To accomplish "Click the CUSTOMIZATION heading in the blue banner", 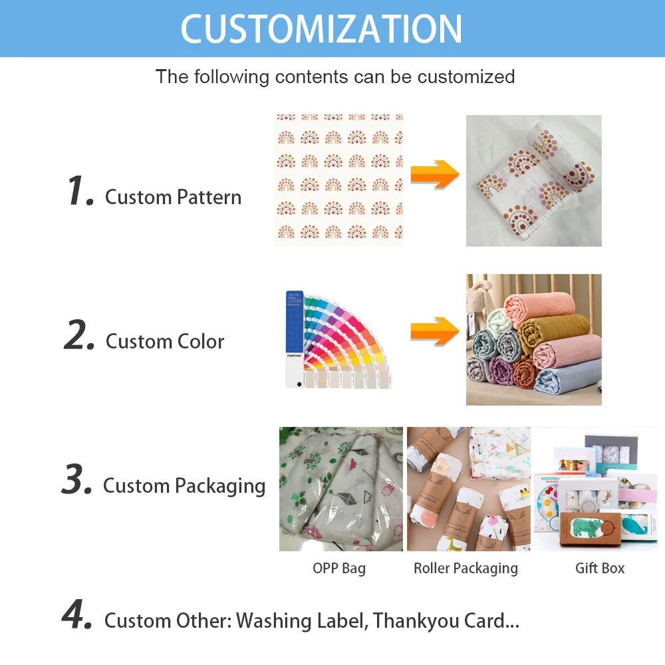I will [x=322, y=29].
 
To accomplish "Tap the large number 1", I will [x=79, y=192].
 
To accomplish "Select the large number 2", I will [x=80, y=336].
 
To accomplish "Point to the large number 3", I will [x=76, y=481].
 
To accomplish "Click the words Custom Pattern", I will [x=173, y=198].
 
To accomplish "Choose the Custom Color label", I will [x=165, y=342].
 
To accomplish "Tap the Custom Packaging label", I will [x=184, y=486].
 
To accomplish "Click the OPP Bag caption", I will [x=339, y=569].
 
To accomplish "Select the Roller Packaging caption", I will [x=465, y=569].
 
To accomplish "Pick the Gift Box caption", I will [x=600, y=569].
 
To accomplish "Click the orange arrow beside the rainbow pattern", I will [x=435, y=175].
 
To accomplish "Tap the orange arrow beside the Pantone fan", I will [x=435, y=331].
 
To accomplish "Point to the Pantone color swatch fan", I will [x=336, y=339].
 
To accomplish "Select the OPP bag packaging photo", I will [x=340, y=489].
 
